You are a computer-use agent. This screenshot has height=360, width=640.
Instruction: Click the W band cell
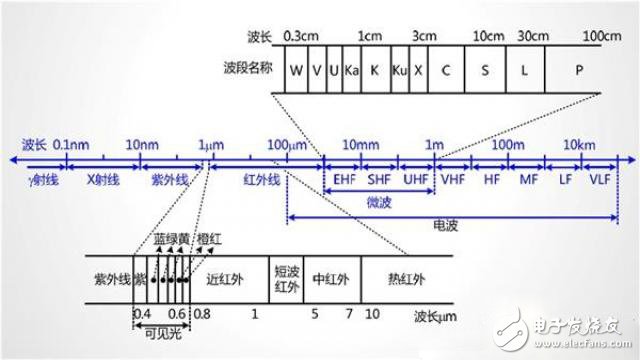(x=297, y=72)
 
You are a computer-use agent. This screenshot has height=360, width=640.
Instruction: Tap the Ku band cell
(x=401, y=72)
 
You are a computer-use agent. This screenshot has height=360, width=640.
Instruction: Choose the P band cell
(x=579, y=72)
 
